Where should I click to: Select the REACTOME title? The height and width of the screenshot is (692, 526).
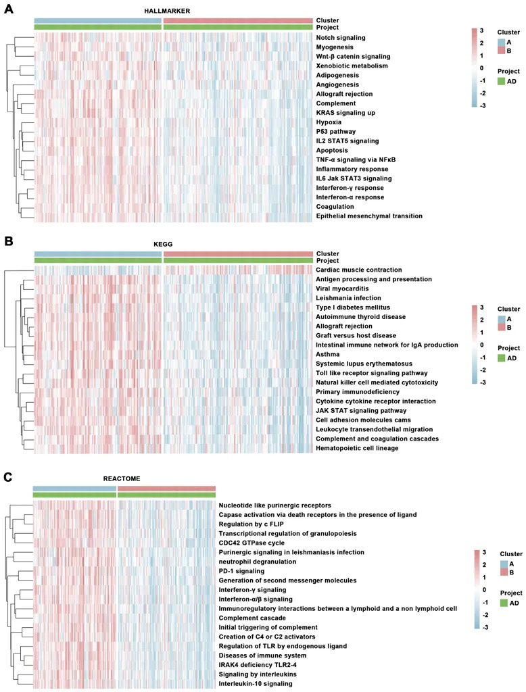(x=121, y=478)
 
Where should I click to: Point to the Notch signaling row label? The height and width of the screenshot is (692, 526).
(x=341, y=38)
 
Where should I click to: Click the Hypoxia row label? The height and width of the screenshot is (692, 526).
(x=329, y=122)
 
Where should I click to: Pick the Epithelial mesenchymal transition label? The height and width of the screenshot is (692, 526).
(x=369, y=216)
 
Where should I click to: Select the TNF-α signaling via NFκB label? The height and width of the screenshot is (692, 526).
(x=355, y=159)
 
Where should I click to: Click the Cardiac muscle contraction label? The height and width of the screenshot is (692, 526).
(x=359, y=270)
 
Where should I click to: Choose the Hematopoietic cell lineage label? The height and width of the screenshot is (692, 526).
(x=357, y=448)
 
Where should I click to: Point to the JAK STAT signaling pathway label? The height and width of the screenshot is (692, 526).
(x=361, y=410)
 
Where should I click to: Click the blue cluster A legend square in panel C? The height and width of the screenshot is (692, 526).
(x=505, y=563)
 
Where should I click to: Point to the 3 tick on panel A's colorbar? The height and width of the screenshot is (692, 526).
(x=481, y=30)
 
